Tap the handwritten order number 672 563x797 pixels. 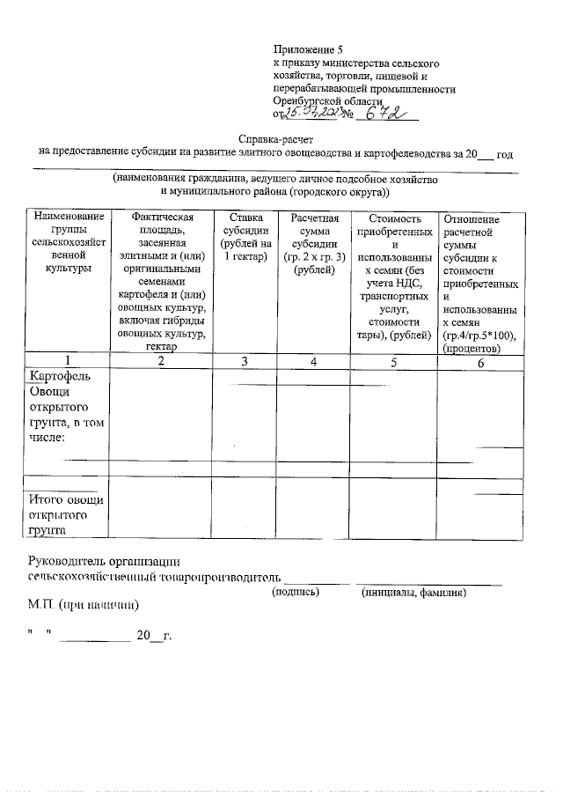(386, 114)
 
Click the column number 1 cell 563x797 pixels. (67, 361)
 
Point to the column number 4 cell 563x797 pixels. (314, 361)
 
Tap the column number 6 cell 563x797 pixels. (480, 362)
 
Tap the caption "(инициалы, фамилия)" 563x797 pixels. (413, 593)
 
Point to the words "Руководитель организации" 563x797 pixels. (105, 561)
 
